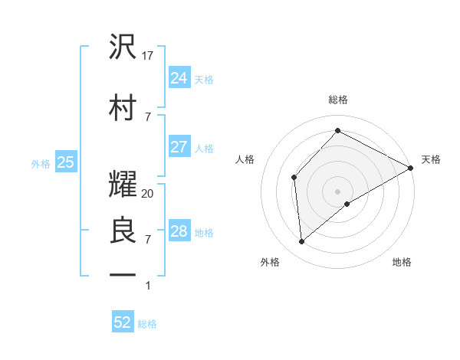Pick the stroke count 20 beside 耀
[149, 194]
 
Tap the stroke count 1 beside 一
[148, 286]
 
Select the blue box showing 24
[179, 77]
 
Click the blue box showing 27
[179, 147]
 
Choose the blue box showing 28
[179, 231]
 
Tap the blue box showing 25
[65, 162]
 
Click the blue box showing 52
[123, 322]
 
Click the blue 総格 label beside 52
[147, 324]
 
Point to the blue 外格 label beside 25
[41, 163]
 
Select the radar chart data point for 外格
[302, 241]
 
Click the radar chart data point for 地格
[347, 204]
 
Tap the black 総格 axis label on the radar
[338, 100]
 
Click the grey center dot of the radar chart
[338, 191]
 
